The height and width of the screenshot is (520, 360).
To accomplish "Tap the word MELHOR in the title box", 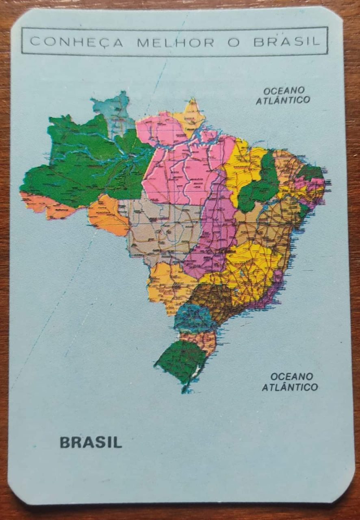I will (176, 42).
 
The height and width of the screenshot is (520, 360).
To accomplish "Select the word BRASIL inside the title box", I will (286, 42).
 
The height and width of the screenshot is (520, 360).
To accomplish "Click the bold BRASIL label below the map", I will (91, 442).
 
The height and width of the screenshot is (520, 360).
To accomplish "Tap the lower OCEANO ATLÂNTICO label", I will (290, 382).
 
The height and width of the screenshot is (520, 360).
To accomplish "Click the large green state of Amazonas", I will (85, 162).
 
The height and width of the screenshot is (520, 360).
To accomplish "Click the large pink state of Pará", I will (183, 162).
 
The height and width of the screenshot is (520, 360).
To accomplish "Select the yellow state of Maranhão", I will (242, 167).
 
